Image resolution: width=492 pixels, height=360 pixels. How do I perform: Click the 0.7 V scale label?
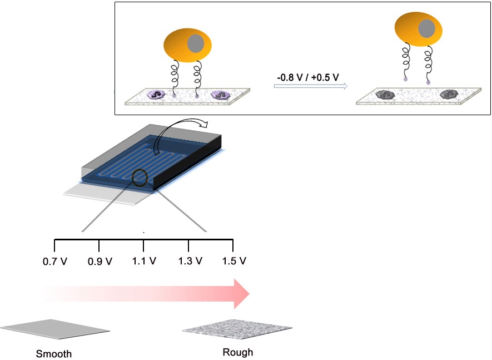(x=55, y=262)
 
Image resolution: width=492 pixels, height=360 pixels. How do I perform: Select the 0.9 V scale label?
(x=100, y=262)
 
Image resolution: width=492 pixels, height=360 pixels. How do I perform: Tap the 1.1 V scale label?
(x=144, y=261)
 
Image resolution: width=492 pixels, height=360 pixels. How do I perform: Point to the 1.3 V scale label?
(x=190, y=261)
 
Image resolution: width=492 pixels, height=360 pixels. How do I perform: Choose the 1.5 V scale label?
(x=234, y=261)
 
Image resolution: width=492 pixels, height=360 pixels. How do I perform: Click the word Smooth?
(x=54, y=354)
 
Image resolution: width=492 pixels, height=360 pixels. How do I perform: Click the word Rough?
(x=238, y=352)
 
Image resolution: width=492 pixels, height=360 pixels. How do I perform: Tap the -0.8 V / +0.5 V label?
(x=308, y=77)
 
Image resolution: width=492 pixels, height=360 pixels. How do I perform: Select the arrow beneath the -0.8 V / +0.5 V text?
(x=311, y=86)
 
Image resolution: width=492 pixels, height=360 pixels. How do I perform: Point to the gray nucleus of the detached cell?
(x=427, y=28)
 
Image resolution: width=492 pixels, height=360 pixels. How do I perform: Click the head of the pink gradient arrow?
(x=242, y=294)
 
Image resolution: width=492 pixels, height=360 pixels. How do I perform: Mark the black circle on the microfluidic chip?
(x=140, y=178)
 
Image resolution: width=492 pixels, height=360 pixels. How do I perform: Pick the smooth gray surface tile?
(x=55, y=329)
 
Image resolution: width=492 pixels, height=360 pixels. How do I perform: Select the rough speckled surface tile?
(x=237, y=329)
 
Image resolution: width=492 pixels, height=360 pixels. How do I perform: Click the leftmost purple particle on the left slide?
(x=156, y=94)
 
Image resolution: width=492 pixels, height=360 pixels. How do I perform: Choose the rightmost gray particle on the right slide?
(x=448, y=94)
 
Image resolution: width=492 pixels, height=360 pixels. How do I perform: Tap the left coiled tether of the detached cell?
(x=406, y=62)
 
